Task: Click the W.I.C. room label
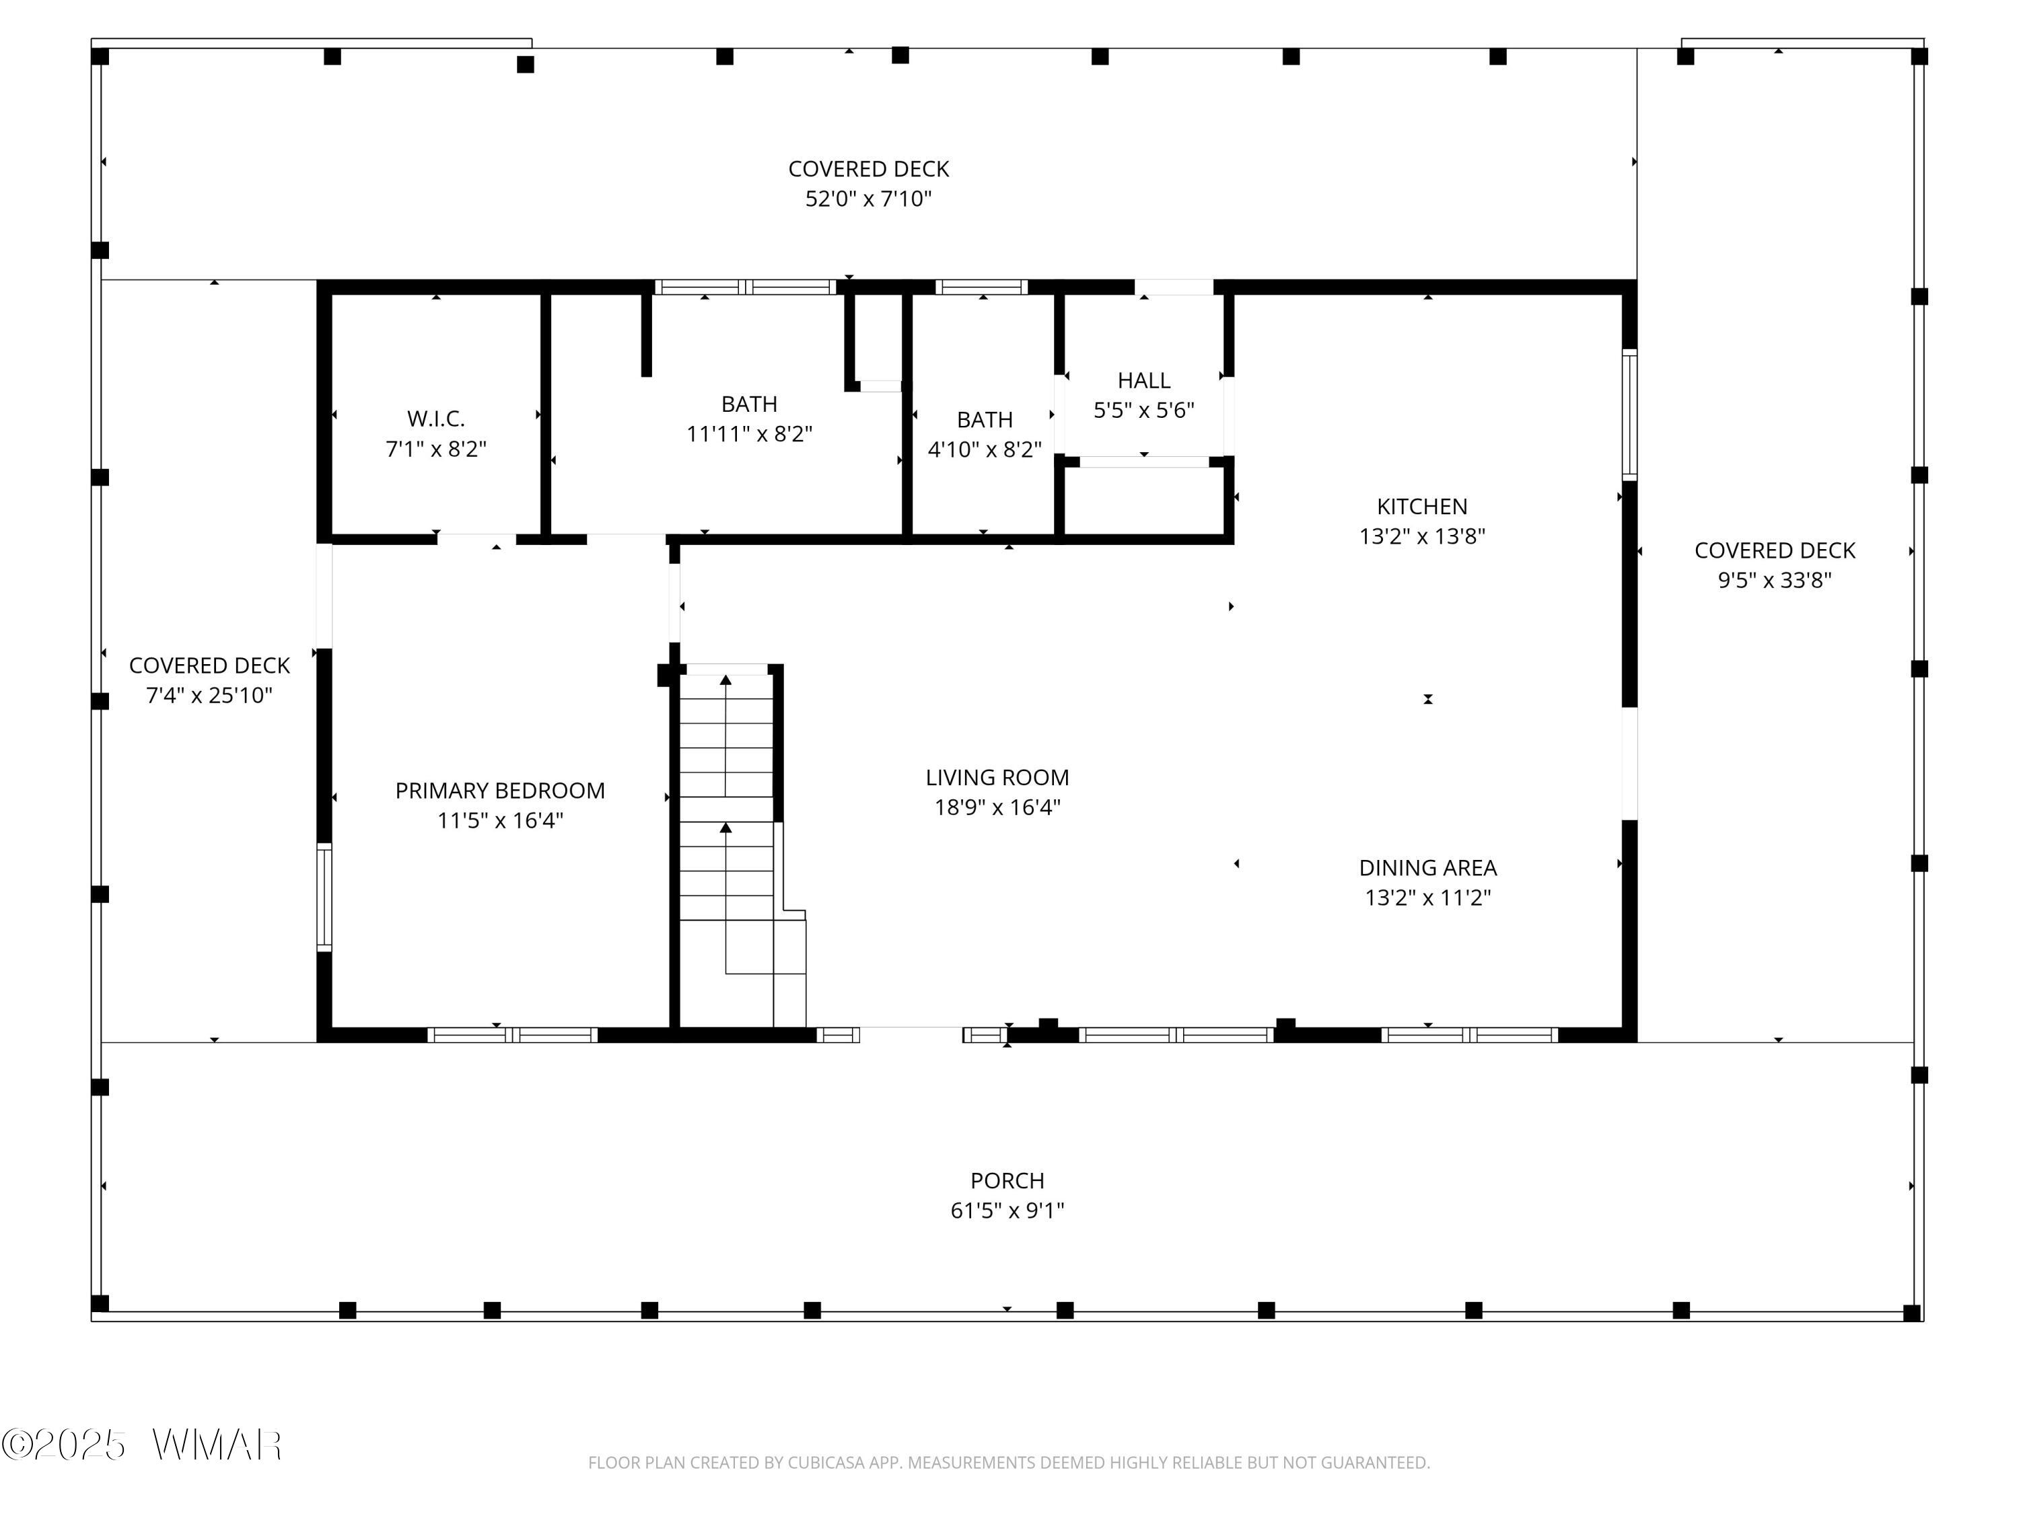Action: pyautogui.click(x=436, y=419)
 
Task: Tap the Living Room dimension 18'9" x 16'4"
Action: pyautogui.click(x=997, y=807)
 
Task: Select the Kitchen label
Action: pyautogui.click(x=1422, y=507)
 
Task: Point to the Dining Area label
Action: pyautogui.click(x=1427, y=868)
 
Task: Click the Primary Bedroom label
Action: pyautogui.click(x=500, y=791)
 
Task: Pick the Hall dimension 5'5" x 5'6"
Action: pyautogui.click(x=1143, y=410)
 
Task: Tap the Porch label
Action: pyautogui.click(x=1007, y=1181)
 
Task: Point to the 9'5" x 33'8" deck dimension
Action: pyautogui.click(x=1775, y=581)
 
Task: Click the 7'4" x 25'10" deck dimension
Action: pyautogui.click(x=209, y=695)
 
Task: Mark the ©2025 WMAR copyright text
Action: pyautogui.click(x=141, y=1445)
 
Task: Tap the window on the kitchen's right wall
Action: pyautogui.click(x=1629, y=414)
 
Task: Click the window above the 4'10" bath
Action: pyautogui.click(x=981, y=287)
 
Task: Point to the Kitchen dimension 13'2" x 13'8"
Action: pyautogui.click(x=1422, y=536)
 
